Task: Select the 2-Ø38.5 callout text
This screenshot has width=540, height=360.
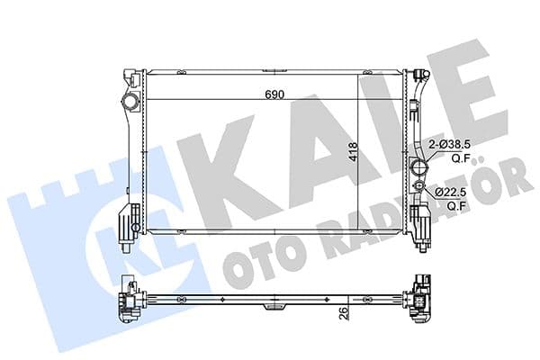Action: point(450,144)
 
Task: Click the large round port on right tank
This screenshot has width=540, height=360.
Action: point(418,168)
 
